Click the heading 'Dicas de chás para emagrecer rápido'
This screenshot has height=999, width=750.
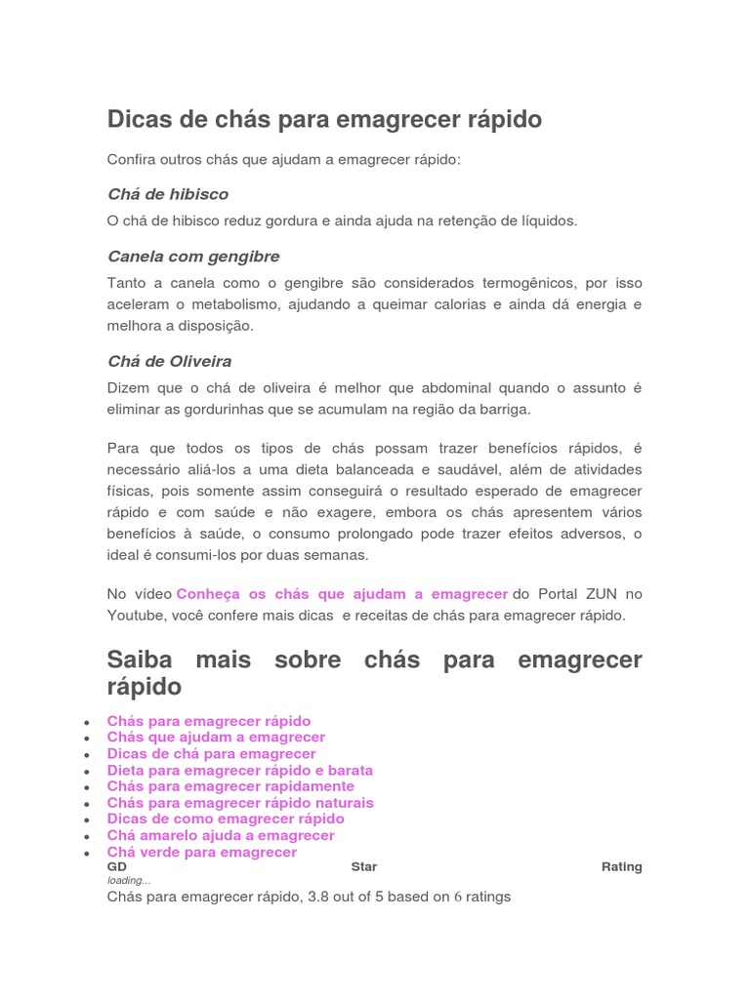pyautogui.click(x=324, y=120)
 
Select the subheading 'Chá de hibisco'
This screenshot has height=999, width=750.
pyautogui.click(x=167, y=194)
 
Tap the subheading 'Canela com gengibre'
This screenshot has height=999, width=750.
pyautogui.click(x=193, y=257)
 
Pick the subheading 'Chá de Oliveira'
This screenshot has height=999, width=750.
pyautogui.click(x=169, y=362)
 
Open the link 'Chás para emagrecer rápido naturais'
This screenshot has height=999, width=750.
pyautogui.click(x=240, y=803)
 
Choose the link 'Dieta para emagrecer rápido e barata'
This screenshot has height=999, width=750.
pyautogui.click(x=240, y=771)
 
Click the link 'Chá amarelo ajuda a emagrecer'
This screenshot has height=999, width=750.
pyautogui.click(x=221, y=836)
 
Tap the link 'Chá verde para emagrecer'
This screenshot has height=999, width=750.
pyautogui.click(x=202, y=853)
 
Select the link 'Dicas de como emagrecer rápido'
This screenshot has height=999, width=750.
pyautogui.click(x=226, y=819)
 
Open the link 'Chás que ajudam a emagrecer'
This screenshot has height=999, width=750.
pyautogui.click(x=216, y=738)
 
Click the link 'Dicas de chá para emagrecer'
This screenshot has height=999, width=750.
pyautogui.click(x=212, y=754)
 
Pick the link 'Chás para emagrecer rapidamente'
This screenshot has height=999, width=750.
pyautogui.click(x=230, y=786)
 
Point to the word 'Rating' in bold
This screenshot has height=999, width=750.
pyautogui.click(x=621, y=866)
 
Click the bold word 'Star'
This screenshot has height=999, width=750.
pyautogui.click(x=363, y=866)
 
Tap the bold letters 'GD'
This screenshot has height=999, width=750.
pyautogui.click(x=117, y=866)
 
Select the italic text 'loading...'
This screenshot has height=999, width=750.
pyautogui.click(x=129, y=880)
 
